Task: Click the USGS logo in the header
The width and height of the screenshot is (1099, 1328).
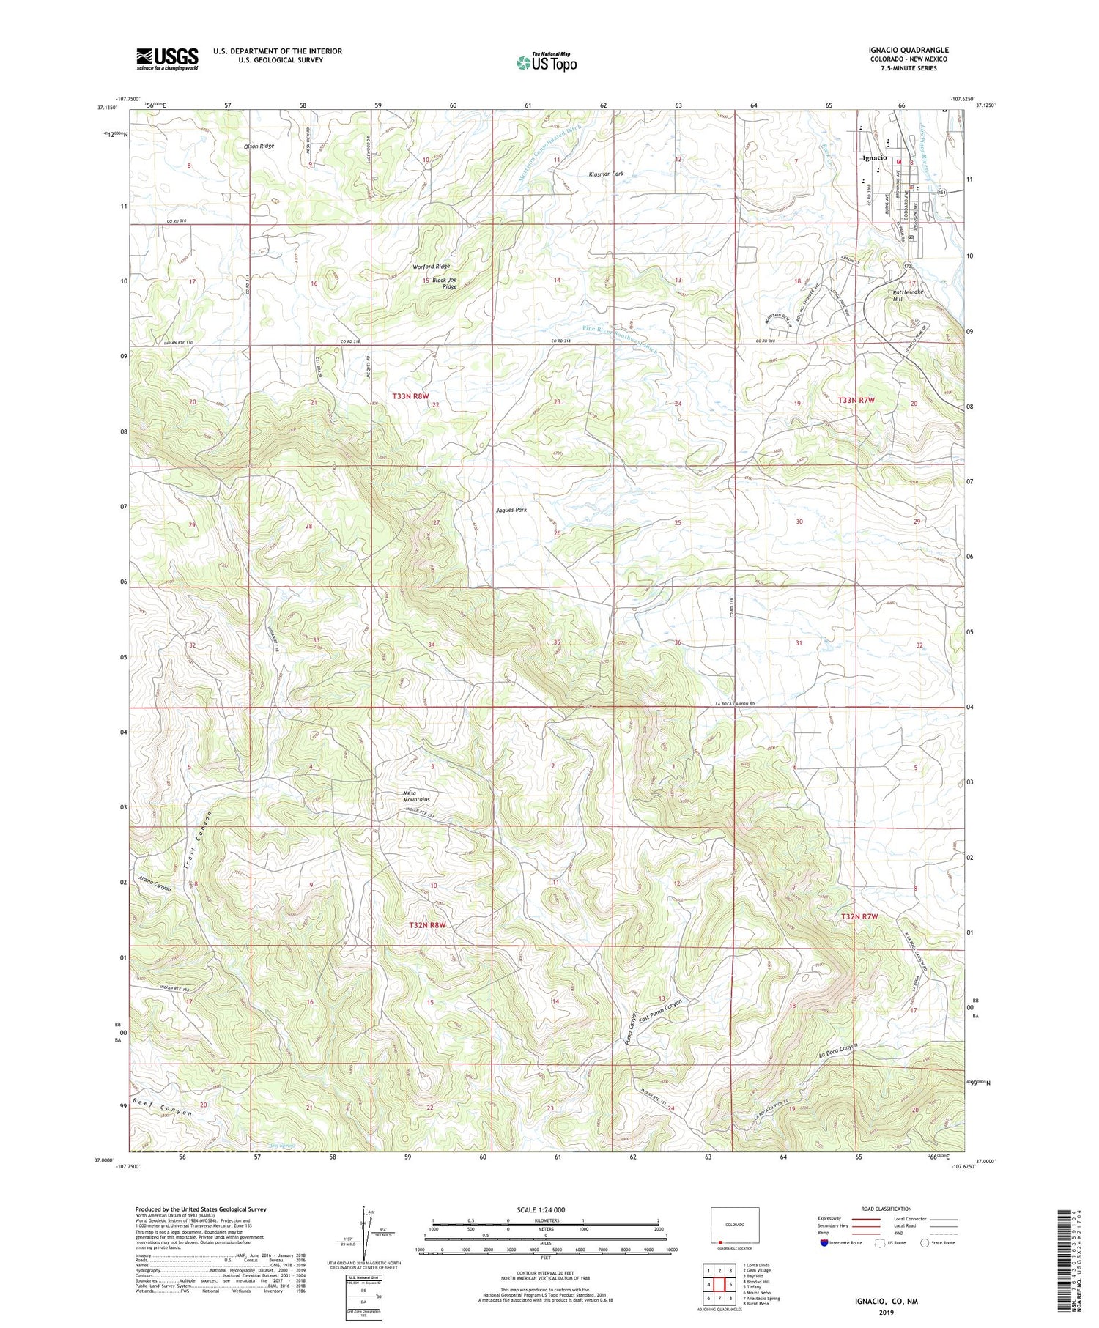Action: pyautogui.click(x=167, y=59)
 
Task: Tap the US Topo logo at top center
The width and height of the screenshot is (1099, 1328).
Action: pyautogui.click(x=546, y=63)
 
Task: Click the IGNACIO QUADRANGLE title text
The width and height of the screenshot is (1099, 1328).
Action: pyautogui.click(x=908, y=50)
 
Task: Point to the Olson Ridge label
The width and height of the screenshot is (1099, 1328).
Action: pyautogui.click(x=259, y=146)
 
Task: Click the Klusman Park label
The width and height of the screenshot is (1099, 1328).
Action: pyautogui.click(x=606, y=174)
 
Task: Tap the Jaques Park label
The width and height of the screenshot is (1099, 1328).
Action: pyautogui.click(x=511, y=510)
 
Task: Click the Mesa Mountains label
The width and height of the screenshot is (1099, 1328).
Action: pyautogui.click(x=417, y=796)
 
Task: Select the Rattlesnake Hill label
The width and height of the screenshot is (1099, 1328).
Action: pyautogui.click(x=908, y=295)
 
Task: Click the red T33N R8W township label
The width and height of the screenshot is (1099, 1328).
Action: pyautogui.click(x=410, y=396)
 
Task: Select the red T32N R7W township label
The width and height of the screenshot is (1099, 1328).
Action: pyautogui.click(x=859, y=916)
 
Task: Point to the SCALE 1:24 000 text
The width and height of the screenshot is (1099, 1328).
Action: pyautogui.click(x=545, y=1209)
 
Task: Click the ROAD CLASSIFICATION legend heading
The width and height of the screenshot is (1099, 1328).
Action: pyautogui.click(x=887, y=1209)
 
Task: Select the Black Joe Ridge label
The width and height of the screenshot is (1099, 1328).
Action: pyautogui.click(x=444, y=283)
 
